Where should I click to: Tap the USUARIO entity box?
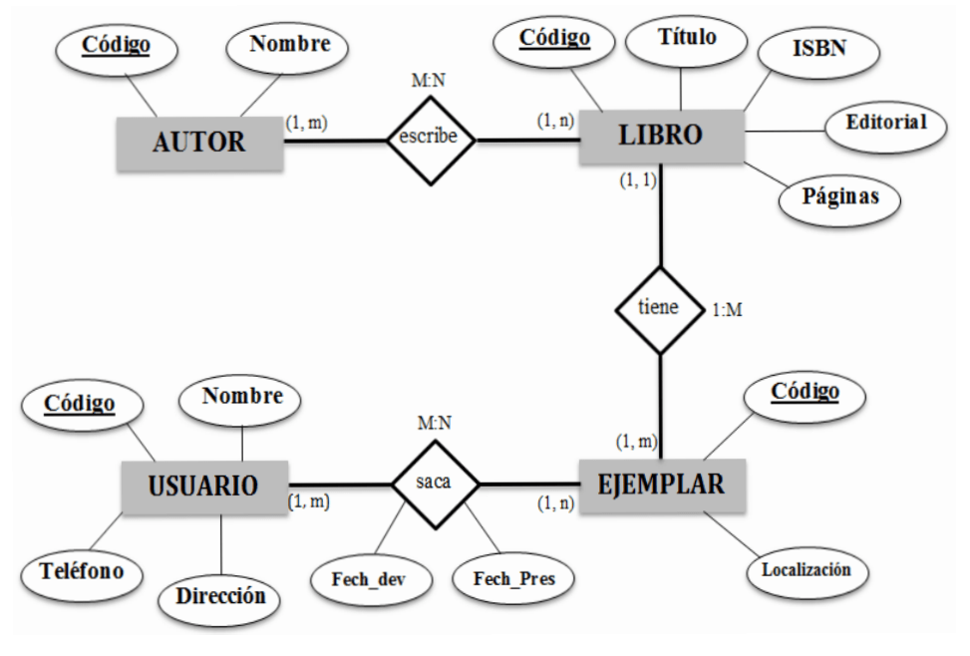coord(203,486)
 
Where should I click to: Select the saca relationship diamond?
coord(434,485)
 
